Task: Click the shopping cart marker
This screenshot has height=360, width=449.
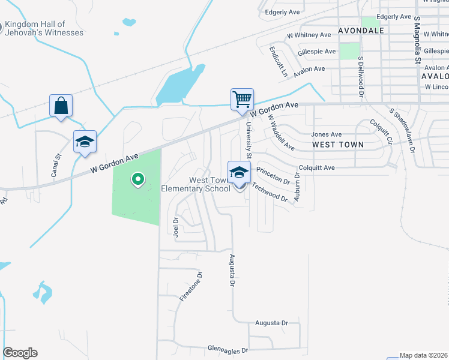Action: pyautogui.click(x=242, y=99)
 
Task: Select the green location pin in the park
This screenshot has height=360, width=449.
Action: pyautogui.click(x=137, y=179)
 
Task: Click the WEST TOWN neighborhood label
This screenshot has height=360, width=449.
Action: pyautogui.click(x=338, y=145)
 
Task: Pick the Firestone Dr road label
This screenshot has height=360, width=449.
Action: pyautogui.click(x=192, y=286)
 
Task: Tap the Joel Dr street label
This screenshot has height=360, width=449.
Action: pyautogui.click(x=176, y=227)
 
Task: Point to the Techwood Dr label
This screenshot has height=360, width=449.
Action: pyautogui.click(x=270, y=191)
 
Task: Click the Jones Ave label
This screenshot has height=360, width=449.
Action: pyautogui.click(x=326, y=134)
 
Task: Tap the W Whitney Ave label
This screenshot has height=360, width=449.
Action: pyautogui.click(x=309, y=35)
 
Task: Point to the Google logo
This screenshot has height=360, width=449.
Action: pyautogui.click(x=20, y=353)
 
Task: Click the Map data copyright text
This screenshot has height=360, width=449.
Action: pyautogui.click(x=424, y=355)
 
